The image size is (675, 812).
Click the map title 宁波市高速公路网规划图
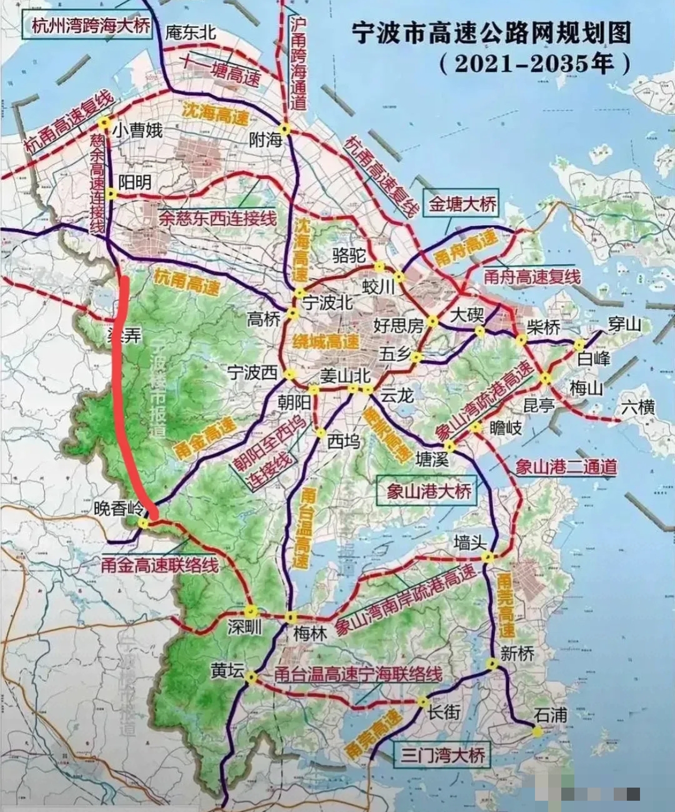(x=491, y=33)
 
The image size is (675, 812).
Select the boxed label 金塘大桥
(x=462, y=204)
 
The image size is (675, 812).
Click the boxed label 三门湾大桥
(x=444, y=755)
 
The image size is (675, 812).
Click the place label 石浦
(x=551, y=714)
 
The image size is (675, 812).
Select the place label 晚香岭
(x=118, y=508)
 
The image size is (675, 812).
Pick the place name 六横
(x=638, y=408)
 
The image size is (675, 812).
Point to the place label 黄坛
(x=227, y=670)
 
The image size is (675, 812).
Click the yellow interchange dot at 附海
(x=285, y=129)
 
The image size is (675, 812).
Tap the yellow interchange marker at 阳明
(x=111, y=194)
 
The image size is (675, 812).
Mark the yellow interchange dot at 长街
(x=423, y=702)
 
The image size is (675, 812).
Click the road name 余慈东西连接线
(x=217, y=218)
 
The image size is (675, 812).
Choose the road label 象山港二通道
(x=566, y=467)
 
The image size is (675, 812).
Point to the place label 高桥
(x=264, y=320)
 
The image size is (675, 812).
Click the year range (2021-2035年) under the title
(x=534, y=64)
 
